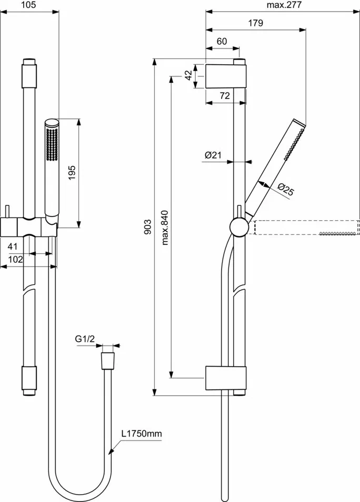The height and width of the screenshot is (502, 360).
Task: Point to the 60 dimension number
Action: (x=222, y=42)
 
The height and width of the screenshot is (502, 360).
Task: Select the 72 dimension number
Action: (x=225, y=95)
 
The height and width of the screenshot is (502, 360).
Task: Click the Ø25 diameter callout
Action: (x=284, y=190)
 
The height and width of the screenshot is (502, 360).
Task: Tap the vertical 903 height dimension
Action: (x=148, y=227)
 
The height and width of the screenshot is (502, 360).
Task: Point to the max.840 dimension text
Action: (x=165, y=227)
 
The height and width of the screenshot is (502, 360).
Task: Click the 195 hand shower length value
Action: (x=72, y=172)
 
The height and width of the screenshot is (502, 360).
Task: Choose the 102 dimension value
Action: (x=15, y=259)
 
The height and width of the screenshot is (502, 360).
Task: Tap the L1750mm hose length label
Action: (x=142, y=434)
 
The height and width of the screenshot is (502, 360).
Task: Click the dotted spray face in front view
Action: (x=52, y=143)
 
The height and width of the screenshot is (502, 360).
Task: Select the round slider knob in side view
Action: (x=238, y=227)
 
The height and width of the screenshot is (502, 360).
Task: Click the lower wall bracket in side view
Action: (x=225, y=377)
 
